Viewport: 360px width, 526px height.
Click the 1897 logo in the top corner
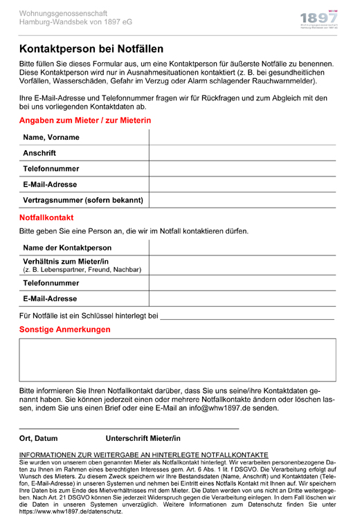(319, 21)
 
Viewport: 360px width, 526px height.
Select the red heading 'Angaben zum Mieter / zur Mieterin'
(85, 120)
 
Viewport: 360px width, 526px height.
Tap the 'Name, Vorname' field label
(51, 137)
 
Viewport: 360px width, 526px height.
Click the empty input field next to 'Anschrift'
(242, 153)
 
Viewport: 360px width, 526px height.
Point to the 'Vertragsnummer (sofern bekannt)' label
(83, 201)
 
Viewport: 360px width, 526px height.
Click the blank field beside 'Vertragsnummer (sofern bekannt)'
(242, 201)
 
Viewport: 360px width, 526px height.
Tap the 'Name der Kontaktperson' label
(67, 248)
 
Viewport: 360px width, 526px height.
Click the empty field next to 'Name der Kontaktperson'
(242, 248)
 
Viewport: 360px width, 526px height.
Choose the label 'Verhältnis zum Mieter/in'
(66, 261)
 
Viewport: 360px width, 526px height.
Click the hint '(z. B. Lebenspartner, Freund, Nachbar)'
(82, 269)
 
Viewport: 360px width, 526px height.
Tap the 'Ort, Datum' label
(39, 439)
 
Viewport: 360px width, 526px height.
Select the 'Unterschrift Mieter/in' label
(143, 439)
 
